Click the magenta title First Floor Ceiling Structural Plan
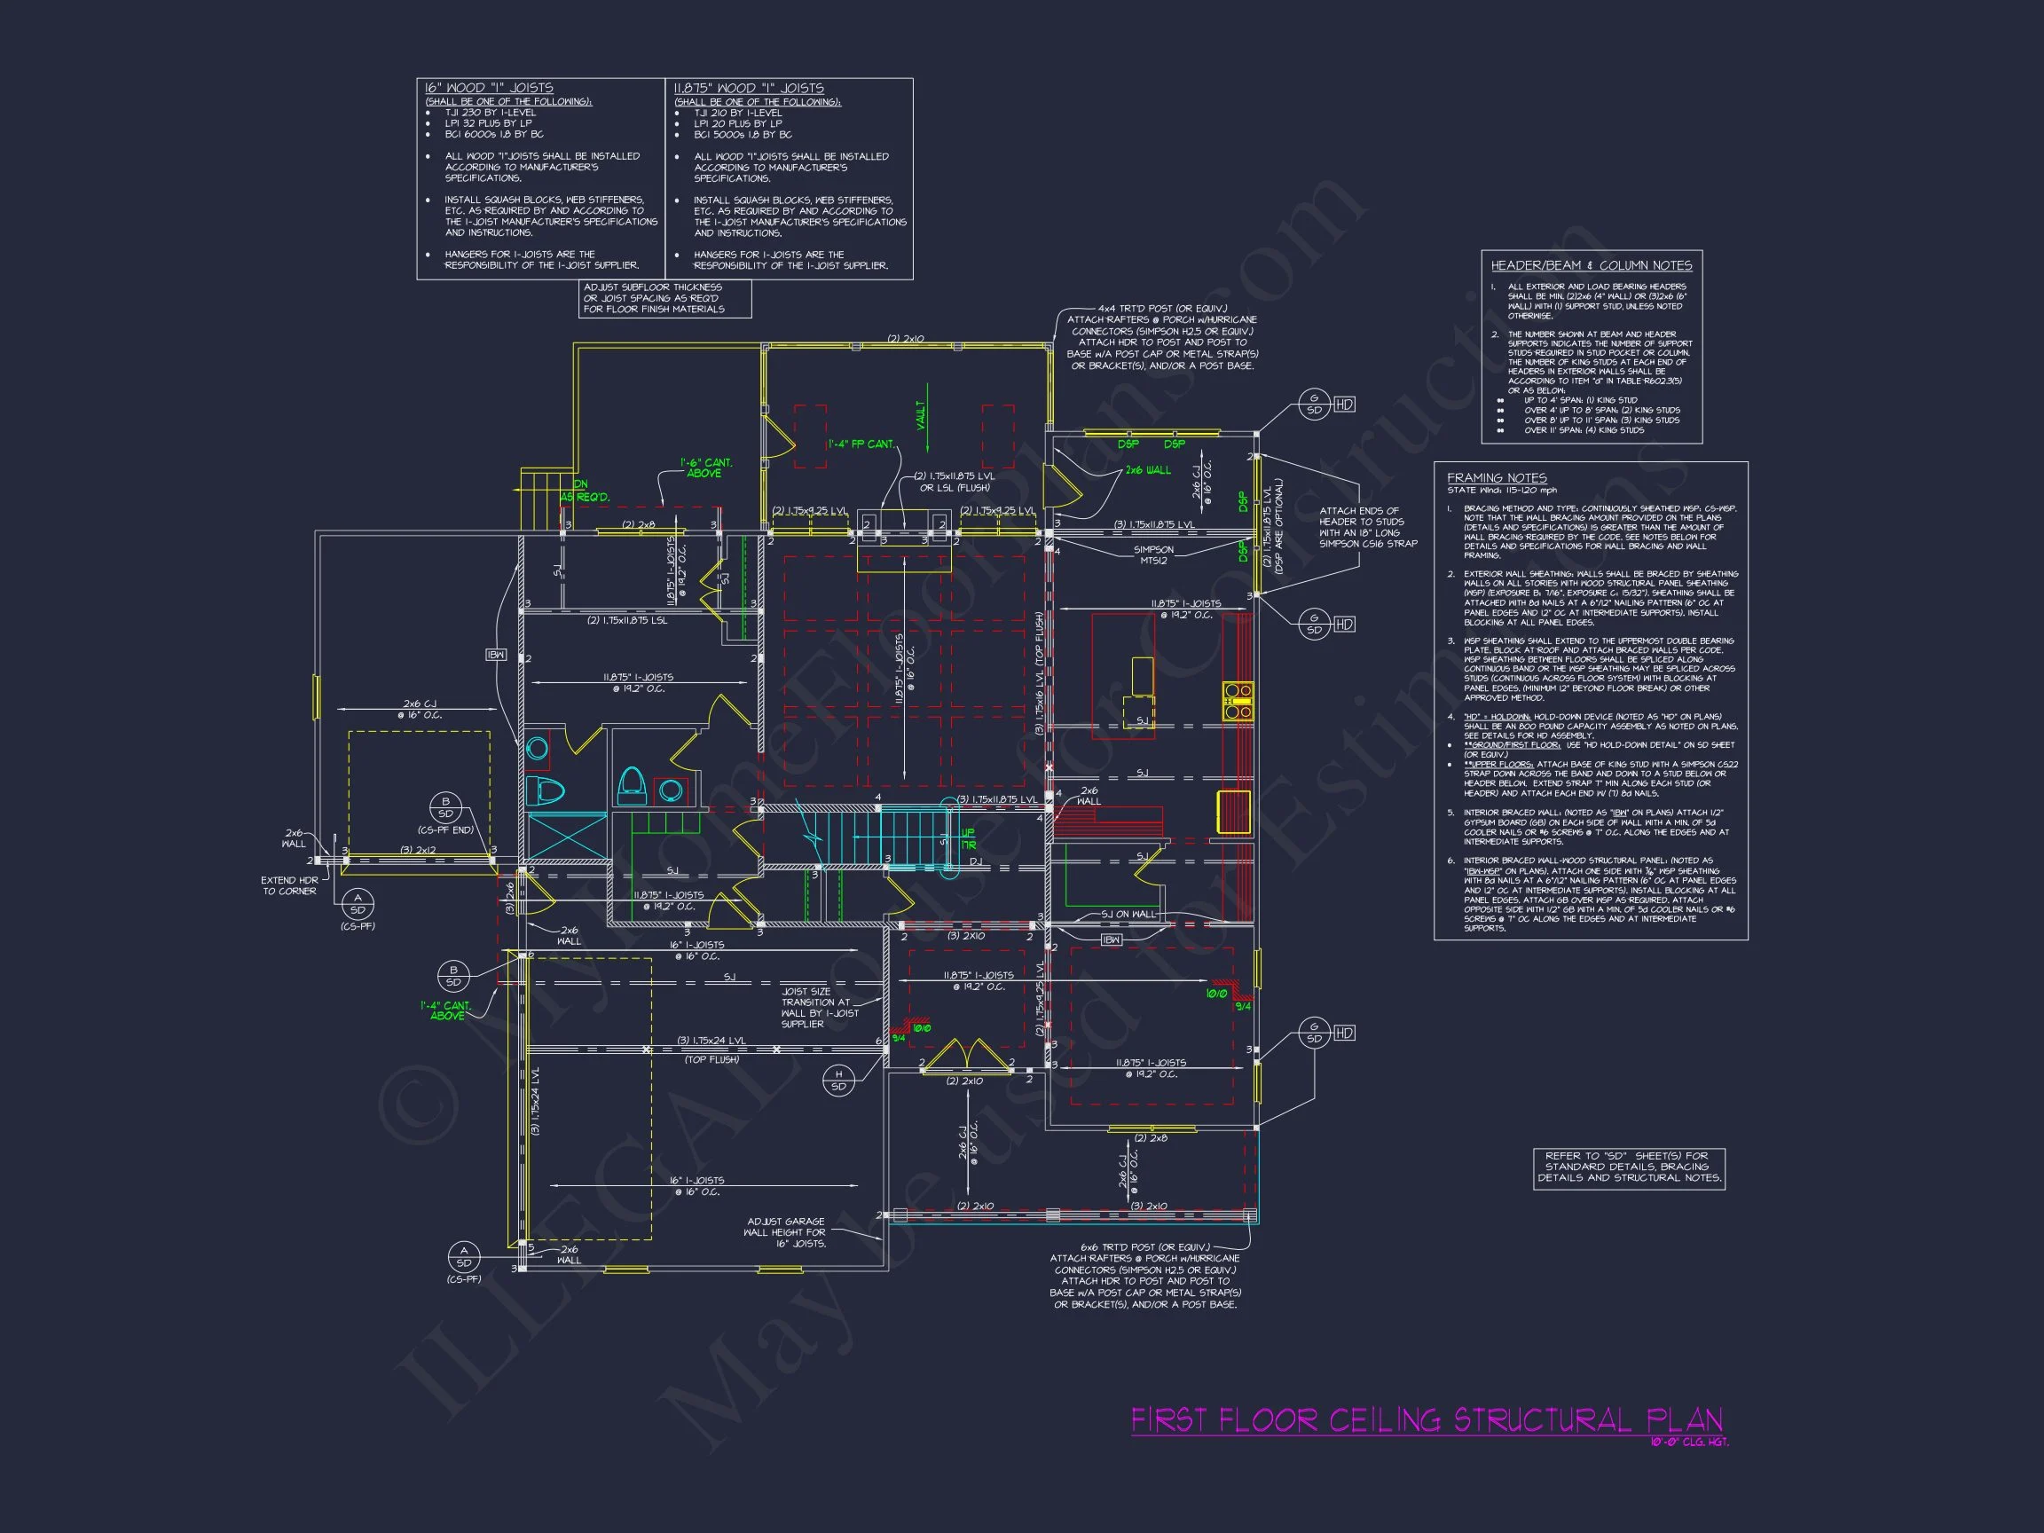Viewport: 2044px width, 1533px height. tap(1426, 1419)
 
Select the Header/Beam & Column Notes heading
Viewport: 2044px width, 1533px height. tap(1592, 265)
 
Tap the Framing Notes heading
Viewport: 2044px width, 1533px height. tap(1496, 478)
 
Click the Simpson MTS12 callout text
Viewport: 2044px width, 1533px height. tap(1153, 555)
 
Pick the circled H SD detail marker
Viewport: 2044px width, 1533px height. tap(838, 1080)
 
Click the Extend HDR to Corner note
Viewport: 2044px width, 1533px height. tap(289, 885)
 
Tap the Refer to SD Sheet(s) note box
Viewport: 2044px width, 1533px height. tap(1628, 1167)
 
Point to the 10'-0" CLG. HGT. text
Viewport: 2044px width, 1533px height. tap(1689, 1443)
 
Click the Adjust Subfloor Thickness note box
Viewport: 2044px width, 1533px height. tap(664, 298)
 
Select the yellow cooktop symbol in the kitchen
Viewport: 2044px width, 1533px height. tap(1238, 702)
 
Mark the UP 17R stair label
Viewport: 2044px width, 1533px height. tap(969, 839)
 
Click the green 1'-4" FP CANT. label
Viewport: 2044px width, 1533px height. tap(861, 444)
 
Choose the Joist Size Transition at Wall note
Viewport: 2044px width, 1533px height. tap(820, 1007)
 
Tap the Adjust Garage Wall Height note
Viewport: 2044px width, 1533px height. tap(785, 1231)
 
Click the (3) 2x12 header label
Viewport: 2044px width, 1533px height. tap(418, 849)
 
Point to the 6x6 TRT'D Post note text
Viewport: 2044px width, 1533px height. tap(1145, 1275)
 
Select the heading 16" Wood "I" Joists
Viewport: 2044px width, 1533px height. tap(489, 88)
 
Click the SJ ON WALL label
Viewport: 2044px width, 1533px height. tap(1128, 914)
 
